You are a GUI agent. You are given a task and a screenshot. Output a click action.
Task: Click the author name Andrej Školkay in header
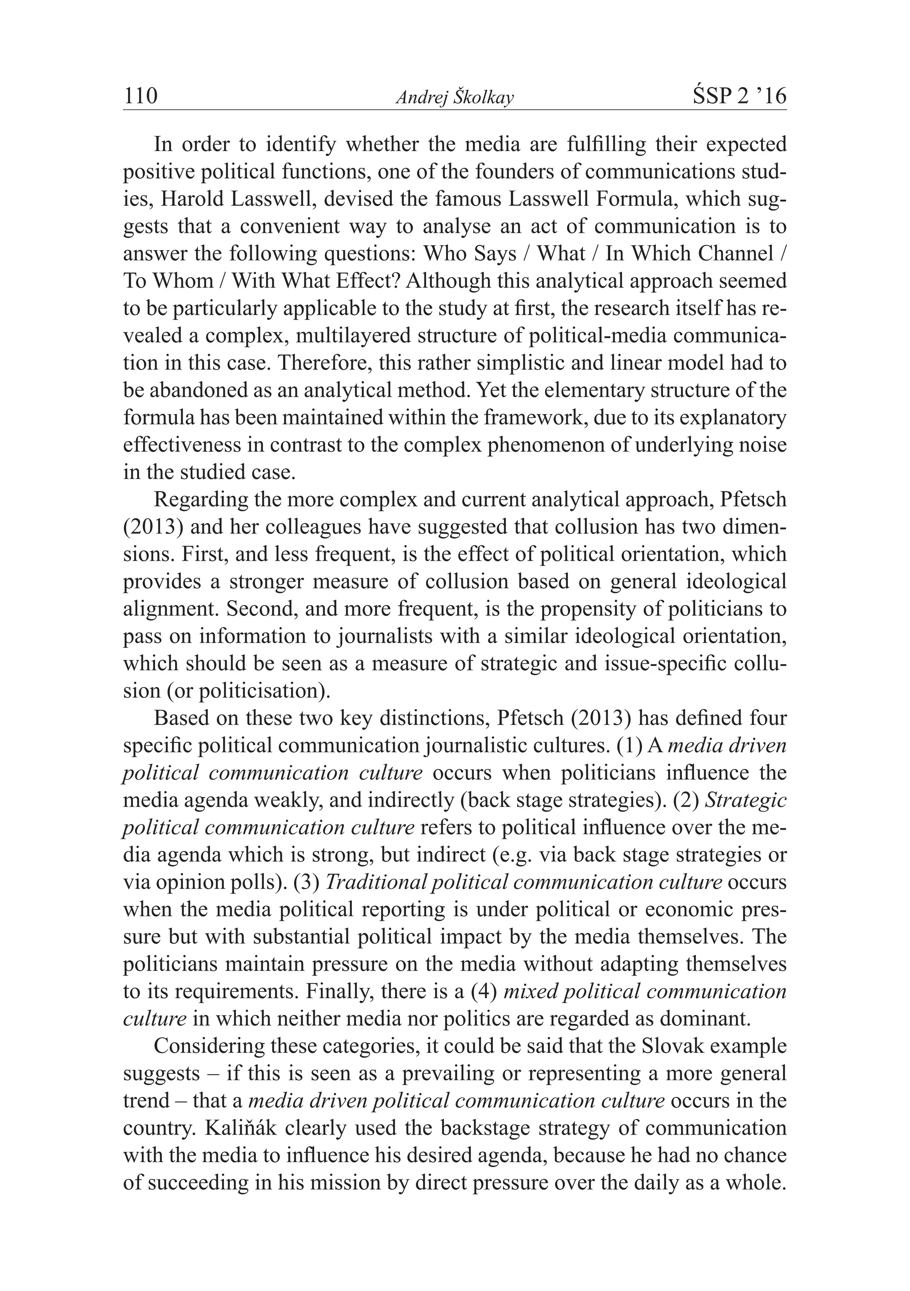tap(455, 98)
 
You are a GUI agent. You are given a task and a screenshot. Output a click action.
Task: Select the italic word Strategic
tap(745, 800)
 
